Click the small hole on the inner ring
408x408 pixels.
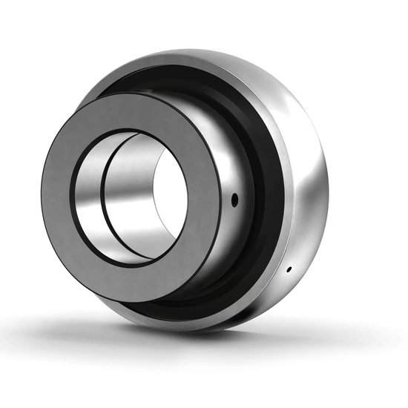point(235,198)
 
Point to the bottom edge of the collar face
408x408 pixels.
point(141,300)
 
